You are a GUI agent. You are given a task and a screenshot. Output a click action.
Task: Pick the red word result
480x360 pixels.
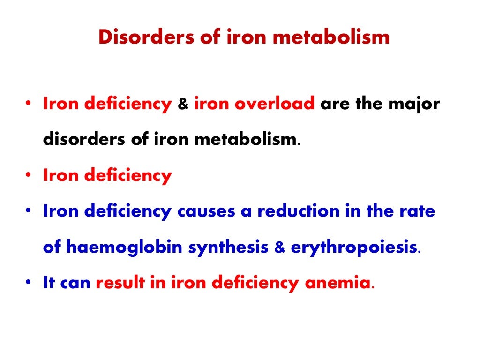pyautogui.click(x=124, y=283)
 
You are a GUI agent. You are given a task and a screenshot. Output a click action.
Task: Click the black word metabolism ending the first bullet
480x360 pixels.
pyautogui.click(x=248, y=140)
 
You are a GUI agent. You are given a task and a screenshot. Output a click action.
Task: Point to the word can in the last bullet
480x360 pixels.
pyautogui.click(x=75, y=283)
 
